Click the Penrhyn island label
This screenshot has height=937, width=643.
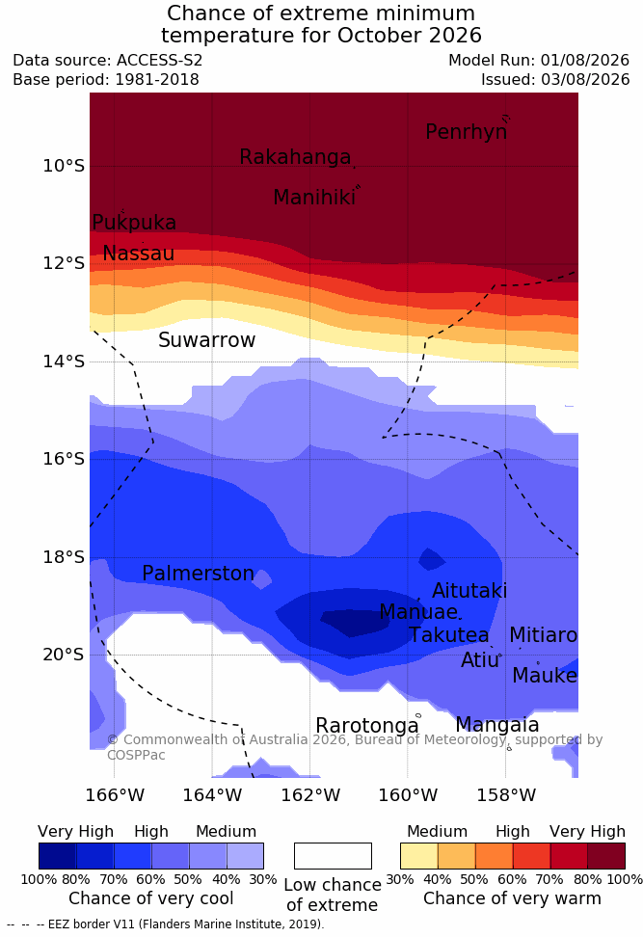pos(467,132)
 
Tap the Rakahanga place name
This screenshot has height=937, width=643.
pos(295,157)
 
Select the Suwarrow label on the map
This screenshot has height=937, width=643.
pos(206,340)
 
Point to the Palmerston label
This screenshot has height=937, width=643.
pos(198,573)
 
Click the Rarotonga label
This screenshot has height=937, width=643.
pos(367,726)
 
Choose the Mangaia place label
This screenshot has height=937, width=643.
pos(497,725)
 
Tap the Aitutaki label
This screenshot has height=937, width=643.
pos(469,591)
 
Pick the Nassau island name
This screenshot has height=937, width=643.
pos(139,254)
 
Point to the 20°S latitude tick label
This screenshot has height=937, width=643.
pos(64,655)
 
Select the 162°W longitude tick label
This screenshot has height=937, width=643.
pos(310,795)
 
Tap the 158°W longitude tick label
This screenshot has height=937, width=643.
pos(506,795)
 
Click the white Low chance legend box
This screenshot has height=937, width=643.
pos(333,856)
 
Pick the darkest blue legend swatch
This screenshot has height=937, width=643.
pos(58,856)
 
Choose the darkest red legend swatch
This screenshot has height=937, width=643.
pos(606,856)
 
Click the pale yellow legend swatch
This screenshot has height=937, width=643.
pos(419,856)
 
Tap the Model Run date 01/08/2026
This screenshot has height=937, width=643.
pos(585,61)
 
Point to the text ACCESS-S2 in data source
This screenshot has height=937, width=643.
pos(160,61)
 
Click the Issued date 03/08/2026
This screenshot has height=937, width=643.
pos(585,79)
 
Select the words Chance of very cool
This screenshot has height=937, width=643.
pos(151,898)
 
